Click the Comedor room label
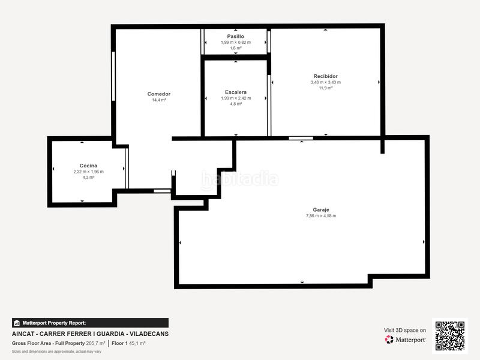159,94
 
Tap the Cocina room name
88,166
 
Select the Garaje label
321,209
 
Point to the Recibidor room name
325,76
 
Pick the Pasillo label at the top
235,36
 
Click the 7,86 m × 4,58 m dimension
321,216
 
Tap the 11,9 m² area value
325,88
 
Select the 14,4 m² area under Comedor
159,100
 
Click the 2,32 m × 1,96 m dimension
88,172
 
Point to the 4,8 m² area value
235,104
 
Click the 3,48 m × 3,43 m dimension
325,82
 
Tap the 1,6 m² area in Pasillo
235,48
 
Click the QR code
450,335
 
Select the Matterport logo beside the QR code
406,340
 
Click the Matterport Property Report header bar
90,323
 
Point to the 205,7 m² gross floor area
95,343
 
